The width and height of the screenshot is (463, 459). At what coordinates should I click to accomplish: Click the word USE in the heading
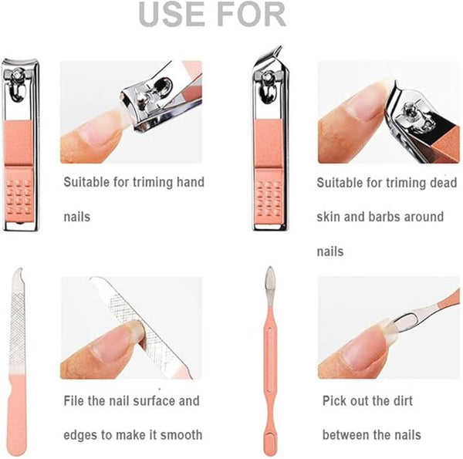171,14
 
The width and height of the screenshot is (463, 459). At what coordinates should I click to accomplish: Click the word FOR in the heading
253,14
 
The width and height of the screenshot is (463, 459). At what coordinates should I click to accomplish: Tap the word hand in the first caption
191,182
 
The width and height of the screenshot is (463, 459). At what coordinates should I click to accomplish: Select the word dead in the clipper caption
443,182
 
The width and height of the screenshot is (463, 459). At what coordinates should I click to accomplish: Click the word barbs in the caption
384,217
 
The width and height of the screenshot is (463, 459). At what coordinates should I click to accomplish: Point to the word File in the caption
74,400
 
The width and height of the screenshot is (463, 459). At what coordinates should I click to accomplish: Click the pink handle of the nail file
18,413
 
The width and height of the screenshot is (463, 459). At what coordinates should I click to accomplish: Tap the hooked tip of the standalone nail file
19,270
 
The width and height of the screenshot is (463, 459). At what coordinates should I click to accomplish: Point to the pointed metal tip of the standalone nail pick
270,268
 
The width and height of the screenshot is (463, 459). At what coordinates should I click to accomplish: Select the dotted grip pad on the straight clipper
19,197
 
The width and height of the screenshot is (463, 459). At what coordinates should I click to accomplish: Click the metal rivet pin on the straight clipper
18,73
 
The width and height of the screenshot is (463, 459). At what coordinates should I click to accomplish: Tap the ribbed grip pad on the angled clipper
269,198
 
